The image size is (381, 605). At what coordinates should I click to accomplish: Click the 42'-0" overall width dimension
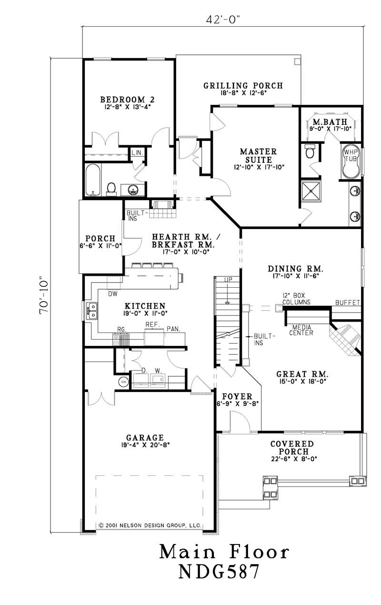point(223,20)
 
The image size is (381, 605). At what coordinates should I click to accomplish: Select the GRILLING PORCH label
point(243,86)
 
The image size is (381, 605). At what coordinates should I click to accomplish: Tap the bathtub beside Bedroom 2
point(93,181)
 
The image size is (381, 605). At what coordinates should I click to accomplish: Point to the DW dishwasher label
point(112,294)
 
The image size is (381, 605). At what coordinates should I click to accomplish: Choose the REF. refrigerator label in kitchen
point(151,324)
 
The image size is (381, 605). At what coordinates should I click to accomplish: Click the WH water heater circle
point(123,382)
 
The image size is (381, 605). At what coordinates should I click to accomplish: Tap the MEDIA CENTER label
point(302,330)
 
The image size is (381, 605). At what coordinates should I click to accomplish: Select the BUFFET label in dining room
point(348,302)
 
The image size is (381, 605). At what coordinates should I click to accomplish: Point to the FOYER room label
point(233,396)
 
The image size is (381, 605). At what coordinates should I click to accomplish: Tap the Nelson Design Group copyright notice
point(150,525)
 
